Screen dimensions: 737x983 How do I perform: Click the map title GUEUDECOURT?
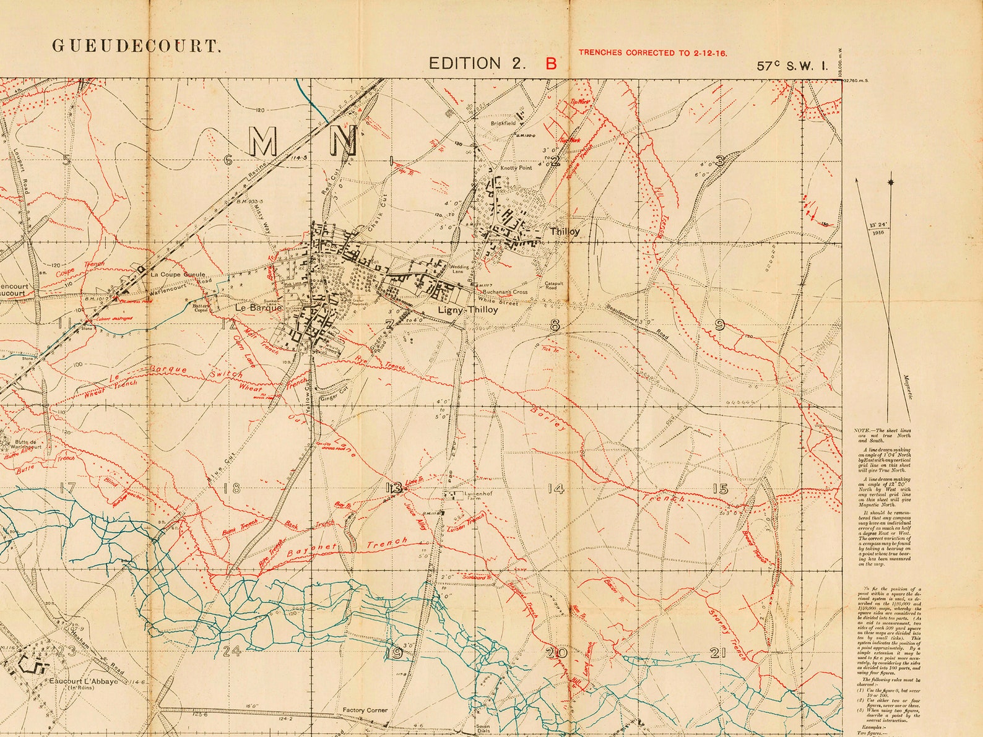136,46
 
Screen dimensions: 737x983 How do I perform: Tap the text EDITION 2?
473,63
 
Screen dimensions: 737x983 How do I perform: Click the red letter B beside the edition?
550,63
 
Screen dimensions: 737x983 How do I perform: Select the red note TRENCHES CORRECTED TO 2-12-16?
652,53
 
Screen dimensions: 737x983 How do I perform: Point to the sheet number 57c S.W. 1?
792,66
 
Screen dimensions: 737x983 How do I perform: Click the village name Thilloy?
565,231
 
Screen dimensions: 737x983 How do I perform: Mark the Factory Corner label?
365,710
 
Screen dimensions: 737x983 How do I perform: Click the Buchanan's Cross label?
506,291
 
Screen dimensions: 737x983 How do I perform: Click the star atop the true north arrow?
891,182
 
